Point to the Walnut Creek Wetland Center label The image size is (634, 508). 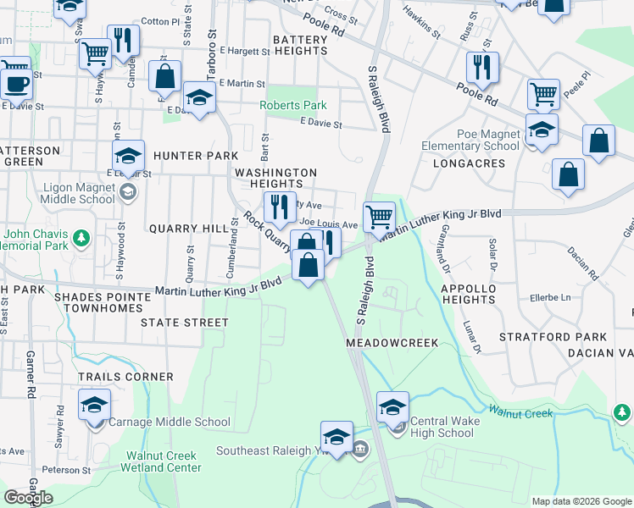pyautogui.click(x=164, y=461)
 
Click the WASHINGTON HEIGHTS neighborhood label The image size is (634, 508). pyautogui.click(x=275, y=178)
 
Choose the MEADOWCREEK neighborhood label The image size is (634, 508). pyautogui.click(x=392, y=343)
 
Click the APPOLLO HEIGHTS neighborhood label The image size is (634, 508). pyautogui.click(x=468, y=294)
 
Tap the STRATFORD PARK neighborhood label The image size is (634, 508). pyautogui.click(x=553, y=337)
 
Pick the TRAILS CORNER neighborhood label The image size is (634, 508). pyautogui.click(x=125, y=377)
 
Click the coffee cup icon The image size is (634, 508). pyautogui.click(x=15, y=83)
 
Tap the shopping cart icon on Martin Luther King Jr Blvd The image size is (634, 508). pyautogui.click(x=379, y=217)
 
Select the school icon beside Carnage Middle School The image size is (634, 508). pyautogui.click(x=94, y=405)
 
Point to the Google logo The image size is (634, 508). pyautogui.click(x=29, y=498)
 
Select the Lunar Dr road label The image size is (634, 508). pyautogui.click(x=471, y=336)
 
